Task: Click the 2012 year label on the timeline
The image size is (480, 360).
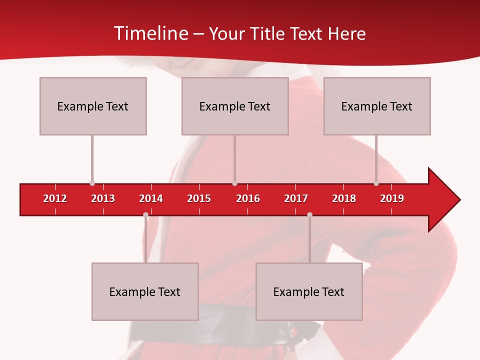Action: pyautogui.click(x=55, y=198)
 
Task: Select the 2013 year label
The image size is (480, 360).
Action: pyautogui.click(x=103, y=198)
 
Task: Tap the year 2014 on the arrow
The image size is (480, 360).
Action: pyautogui.click(x=151, y=198)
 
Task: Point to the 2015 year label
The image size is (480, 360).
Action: pyautogui.click(x=199, y=198)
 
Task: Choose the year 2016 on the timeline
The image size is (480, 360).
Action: pyautogui.click(x=248, y=198)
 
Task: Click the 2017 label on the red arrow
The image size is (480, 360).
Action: pyautogui.click(x=296, y=198)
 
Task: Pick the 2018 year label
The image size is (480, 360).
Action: pyautogui.click(x=344, y=198)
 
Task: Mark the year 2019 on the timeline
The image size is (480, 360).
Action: pyautogui.click(x=392, y=198)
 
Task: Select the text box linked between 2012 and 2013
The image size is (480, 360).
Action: pyautogui.click(x=93, y=106)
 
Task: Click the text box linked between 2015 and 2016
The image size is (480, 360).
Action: pyautogui.click(x=235, y=106)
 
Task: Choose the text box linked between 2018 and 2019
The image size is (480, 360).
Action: pyautogui.click(x=377, y=106)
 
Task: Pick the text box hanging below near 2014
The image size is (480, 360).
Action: pyautogui.click(x=145, y=291)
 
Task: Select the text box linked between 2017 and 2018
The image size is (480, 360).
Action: pyautogui.click(x=309, y=291)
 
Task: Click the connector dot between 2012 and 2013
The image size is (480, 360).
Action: pyautogui.click(x=92, y=183)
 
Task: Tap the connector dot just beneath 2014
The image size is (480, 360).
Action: pyautogui.click(x=145, y=214)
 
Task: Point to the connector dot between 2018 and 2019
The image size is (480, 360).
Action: pyautogui.click(x=376, y=183)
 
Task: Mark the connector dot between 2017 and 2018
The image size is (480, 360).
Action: pyautogui.click(x=309, y=214)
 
